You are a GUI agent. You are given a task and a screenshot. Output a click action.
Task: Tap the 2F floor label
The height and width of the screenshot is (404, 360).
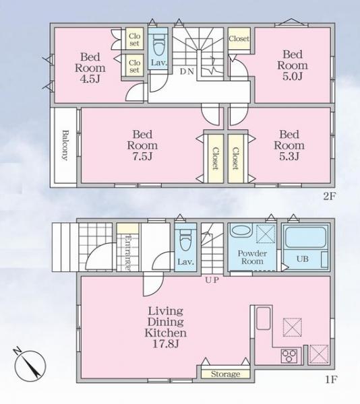coord(329,197)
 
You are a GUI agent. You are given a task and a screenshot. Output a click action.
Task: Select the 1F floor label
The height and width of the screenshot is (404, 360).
coord(331,380)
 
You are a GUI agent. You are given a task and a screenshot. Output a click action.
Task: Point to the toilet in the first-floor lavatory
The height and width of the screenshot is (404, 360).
coord(185,238)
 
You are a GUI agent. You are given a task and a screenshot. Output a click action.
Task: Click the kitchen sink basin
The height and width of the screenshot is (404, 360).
coord(264,318)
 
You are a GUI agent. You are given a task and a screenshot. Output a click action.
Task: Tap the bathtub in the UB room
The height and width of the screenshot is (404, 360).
coord(305,238)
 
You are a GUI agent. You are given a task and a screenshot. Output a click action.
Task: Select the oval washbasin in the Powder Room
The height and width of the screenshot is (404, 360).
coord(241,230)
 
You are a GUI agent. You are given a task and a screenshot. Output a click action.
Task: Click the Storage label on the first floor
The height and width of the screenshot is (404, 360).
coord(225,374)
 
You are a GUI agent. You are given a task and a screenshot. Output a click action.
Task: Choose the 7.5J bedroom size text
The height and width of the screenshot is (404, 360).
coord(142,156)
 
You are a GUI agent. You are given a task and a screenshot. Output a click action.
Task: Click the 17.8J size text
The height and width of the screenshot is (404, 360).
coord(166,344)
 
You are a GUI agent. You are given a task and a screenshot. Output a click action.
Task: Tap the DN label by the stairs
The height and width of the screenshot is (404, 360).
coord(187,71)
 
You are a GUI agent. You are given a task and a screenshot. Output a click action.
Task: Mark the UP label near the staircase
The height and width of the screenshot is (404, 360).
coord(212,280)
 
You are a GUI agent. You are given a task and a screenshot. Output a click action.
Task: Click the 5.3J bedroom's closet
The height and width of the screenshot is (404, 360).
coord(235,158)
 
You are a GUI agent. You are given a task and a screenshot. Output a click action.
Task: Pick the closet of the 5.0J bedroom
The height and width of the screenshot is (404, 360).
coord(239,38)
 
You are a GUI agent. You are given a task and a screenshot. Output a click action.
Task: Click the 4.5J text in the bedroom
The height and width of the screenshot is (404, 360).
coord(90,79)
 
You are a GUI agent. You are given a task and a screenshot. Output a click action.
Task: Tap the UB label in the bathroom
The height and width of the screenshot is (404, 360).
coord(303,259)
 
